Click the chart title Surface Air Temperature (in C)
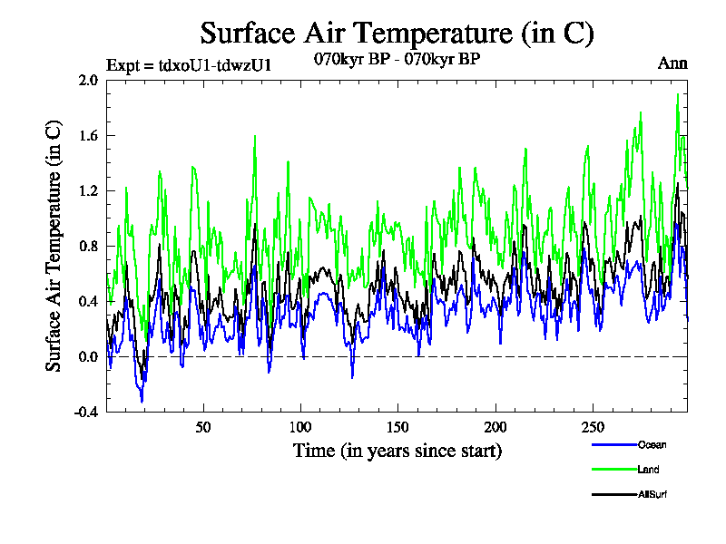[x=397, y=34]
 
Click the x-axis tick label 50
[x=203, y=427]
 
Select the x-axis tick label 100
[x=300, y=427]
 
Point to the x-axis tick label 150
[x=397, y=427]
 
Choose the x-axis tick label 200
[x=495, y=427]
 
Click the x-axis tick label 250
[x=592, y=427]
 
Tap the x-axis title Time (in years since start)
[x=397, y=450]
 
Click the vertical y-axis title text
[x=54, y=246]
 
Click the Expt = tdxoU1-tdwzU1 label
[x=189, y=63]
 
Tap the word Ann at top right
[x=672, y=63]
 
